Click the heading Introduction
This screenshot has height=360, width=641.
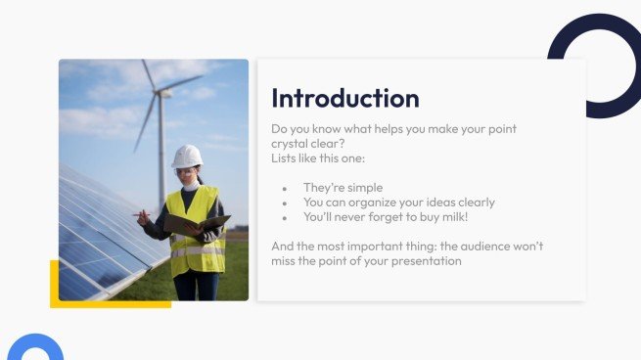pos(344,98)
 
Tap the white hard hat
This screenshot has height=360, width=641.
pos(187,156)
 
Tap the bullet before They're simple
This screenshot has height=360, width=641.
pos(284,188)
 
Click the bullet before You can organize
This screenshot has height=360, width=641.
pos(284,202)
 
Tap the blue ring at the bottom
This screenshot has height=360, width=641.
pos(35,349)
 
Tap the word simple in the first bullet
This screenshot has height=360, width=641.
pos(363,188)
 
